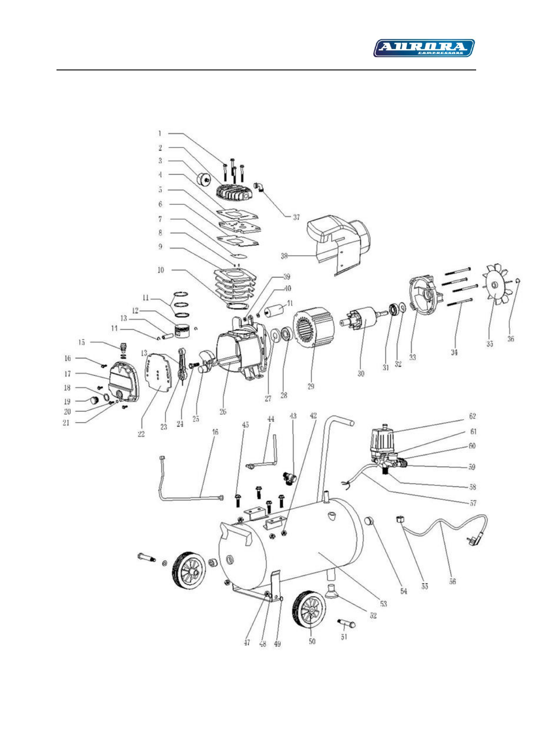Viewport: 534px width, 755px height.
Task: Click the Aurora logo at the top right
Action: click(424, 48)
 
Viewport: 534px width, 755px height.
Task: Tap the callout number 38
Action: click(284, 257)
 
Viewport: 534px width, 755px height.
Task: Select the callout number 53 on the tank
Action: click(383, 604)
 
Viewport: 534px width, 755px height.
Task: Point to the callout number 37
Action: click(296, 217)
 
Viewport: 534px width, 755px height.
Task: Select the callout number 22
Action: click(141, 434)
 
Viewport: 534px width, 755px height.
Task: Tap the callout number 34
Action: click(454, 352)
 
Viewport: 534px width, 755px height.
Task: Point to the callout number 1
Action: click(160, 133)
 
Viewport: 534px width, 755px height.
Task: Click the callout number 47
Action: click(247, 643)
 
